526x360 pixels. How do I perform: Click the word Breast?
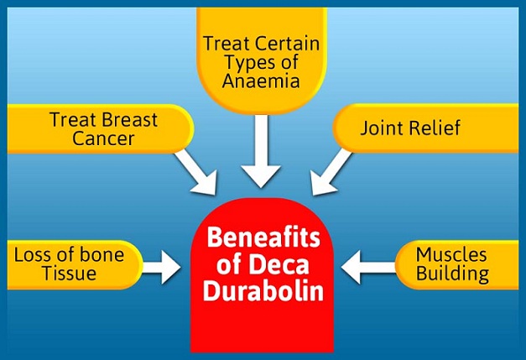tap(128, 120)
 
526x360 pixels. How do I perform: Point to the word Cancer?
tap(103, 139)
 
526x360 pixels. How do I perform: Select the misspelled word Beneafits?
tap(263, 239)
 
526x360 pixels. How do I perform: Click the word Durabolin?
tap(263, 296)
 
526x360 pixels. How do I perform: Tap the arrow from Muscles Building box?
tap(368, 268)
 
